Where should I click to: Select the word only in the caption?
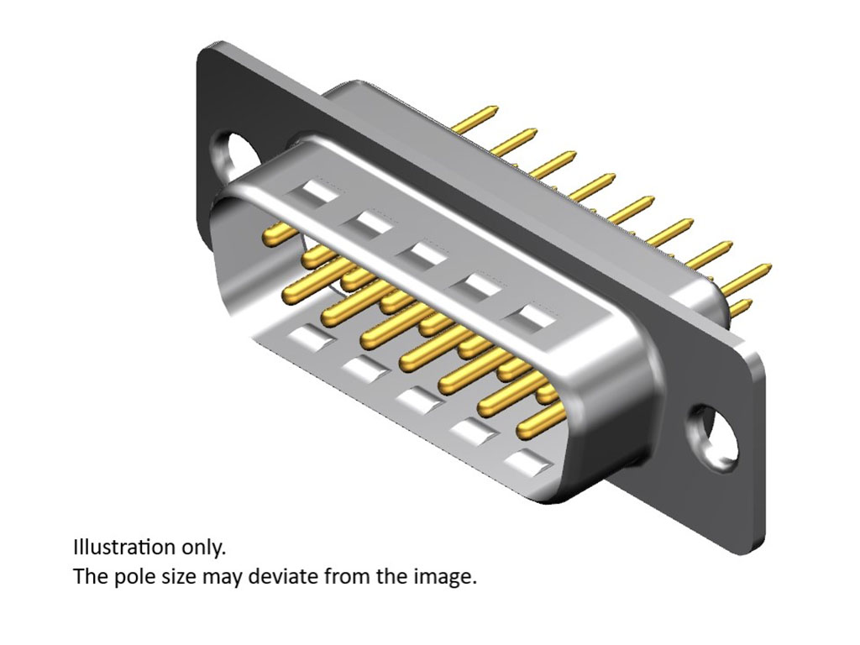(x=203, y=548)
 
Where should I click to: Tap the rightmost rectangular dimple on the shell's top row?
(x=537, y=317)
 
